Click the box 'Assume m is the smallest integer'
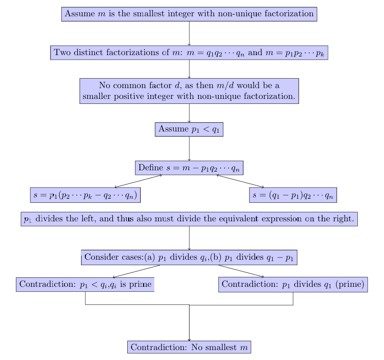click(x=189, y=14)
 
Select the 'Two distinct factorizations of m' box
click(x=189, y=52)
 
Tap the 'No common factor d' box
click(x=189, y=91)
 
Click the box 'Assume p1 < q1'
click(x=189, y=129)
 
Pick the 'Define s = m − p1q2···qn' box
click(x=189, y=168)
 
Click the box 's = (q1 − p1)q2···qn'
click(x=293, y=195)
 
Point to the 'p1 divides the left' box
click(x=189, y=219)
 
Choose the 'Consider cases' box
click(x=189, y=257)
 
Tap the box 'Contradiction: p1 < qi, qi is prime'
click(x=85, y=285)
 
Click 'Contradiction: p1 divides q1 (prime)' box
click(x=293, y=285)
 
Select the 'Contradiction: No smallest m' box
click(x=189, y=347)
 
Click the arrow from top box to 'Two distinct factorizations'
click(x=189, y=33)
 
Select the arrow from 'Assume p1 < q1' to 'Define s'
click(x=189, y=148)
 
